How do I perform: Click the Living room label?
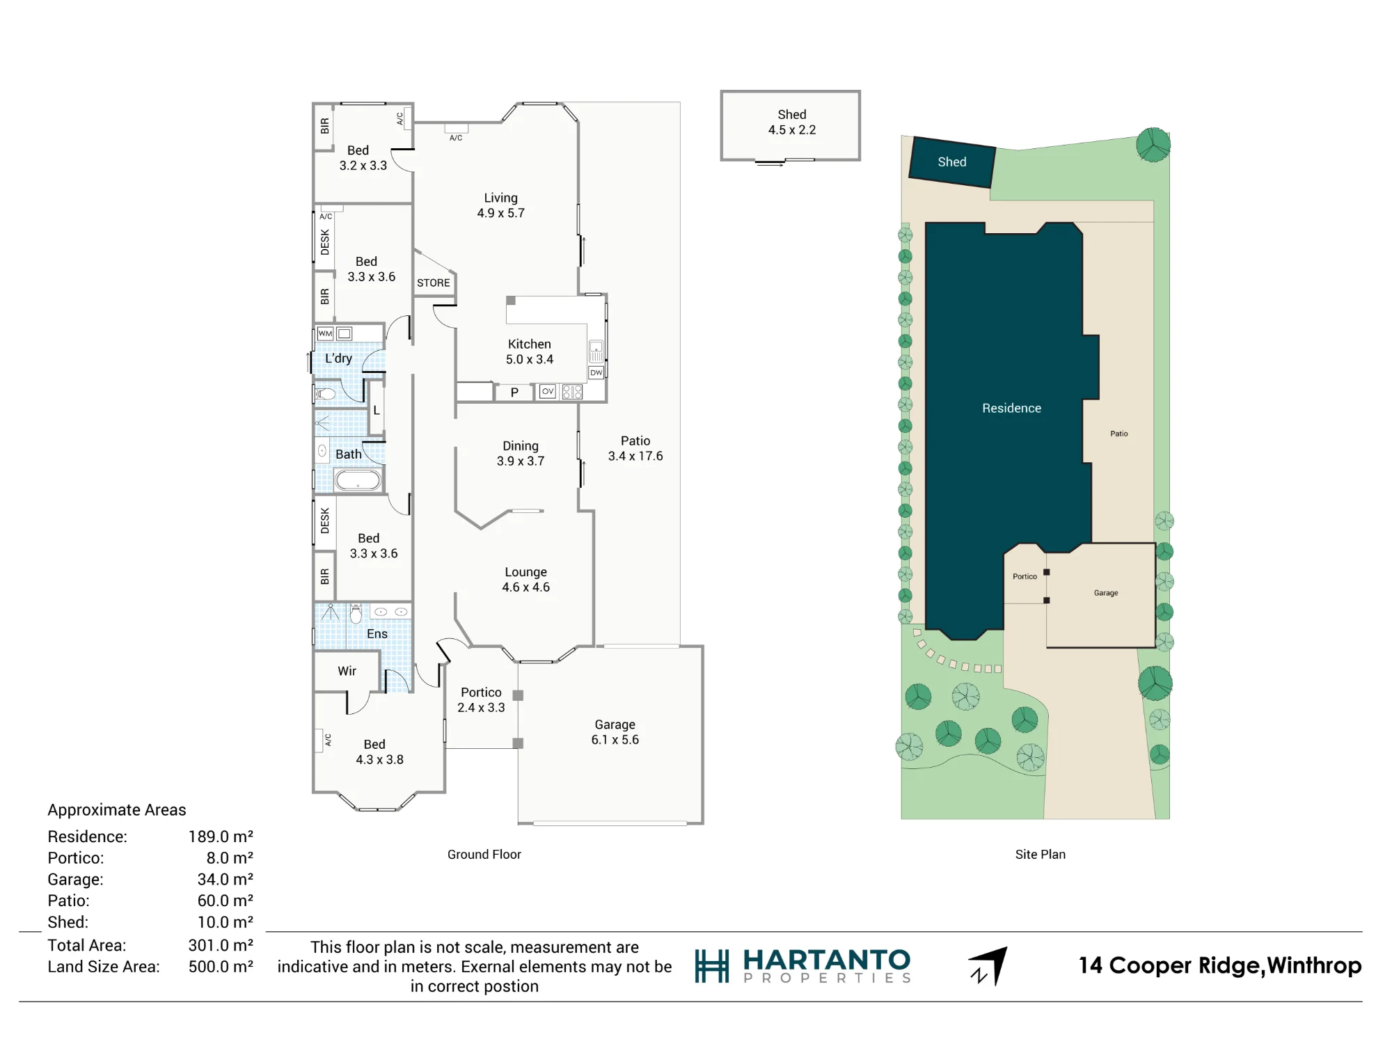pos(501,205)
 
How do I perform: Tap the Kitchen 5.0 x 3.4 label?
pos(530,351)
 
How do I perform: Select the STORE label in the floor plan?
pos(434,283)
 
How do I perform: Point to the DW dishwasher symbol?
pos(596,372)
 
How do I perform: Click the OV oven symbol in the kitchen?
pos(548,391)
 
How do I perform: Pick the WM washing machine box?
pos(325,333)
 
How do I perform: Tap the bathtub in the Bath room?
pos(358,480)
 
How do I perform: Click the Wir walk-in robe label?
pos(347,671)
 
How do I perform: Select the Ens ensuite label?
pos(377,633)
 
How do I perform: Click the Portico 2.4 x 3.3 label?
pos(481,699)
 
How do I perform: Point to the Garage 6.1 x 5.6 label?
pos(615,731)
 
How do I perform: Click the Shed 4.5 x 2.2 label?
pos(792,122)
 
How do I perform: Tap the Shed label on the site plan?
pos(952,162)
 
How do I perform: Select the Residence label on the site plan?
pos(1012,408)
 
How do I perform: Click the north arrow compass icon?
pos(989,965)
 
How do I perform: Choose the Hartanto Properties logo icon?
pos(712,966)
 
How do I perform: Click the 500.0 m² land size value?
pos(221,967)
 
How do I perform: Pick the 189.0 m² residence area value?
pos(221,837)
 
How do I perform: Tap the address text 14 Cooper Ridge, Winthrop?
pos(1220,966)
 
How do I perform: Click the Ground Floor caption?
pos(484,854)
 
